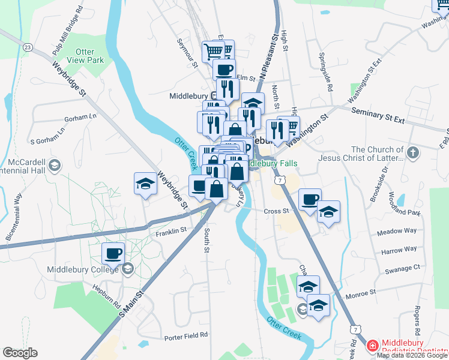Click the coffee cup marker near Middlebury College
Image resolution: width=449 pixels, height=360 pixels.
113,254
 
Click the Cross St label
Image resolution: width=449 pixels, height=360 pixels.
276,211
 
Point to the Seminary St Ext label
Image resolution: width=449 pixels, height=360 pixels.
378,116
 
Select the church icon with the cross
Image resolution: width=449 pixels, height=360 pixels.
412,153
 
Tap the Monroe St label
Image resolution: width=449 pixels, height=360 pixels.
360,292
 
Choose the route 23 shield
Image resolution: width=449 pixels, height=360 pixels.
28,46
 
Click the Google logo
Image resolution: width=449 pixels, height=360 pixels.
20,353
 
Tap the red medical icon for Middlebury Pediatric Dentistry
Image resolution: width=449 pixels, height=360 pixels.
372,346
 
